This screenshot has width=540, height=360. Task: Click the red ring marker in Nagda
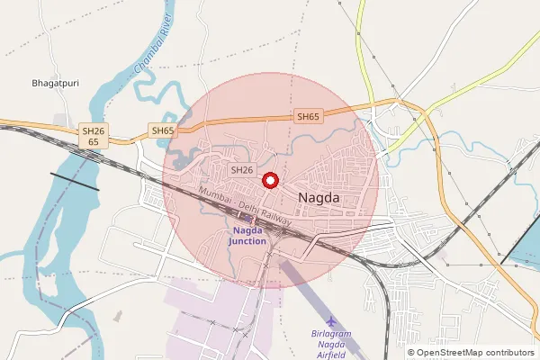pyautogui.click(x=269, y=180)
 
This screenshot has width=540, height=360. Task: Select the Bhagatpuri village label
pyautogui.click(x=56, y=83)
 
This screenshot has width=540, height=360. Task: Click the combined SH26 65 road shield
pyautogui.click(x=94, y=136)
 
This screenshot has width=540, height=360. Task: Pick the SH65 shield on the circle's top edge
pyautogui.click(x=308, y=117)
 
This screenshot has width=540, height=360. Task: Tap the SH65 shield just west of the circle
pyautogui.click(x=163, y=130)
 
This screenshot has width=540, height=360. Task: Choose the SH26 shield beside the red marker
pyautogui.click(x=242, y=169)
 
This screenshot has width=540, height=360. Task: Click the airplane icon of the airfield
pyautogui.click(x=331, y=321)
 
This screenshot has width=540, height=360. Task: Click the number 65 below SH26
pyautogui.click(x=94, y=142)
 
